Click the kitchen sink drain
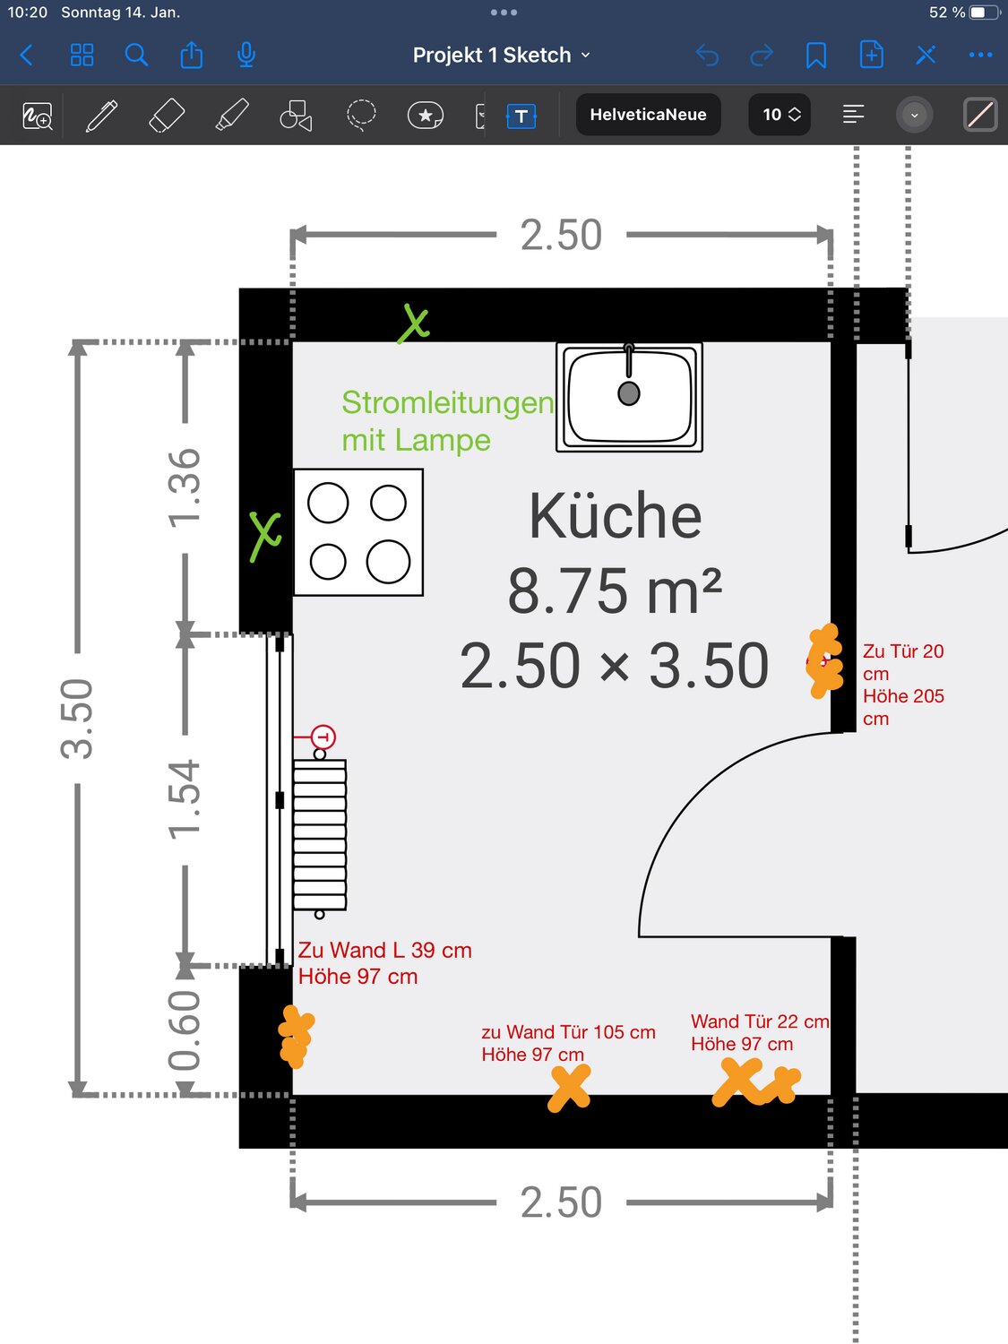[x=629, y=393]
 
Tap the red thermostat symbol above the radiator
[x=323, y=737]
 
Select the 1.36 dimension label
[x=184, y=488]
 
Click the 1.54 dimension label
[x=184, y=799]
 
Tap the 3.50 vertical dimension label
[x=76, y=719]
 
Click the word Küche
[x=615, y=516]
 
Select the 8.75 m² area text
[x=615, y=590]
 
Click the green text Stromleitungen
[x=447, y=403]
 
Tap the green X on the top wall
[x=414, y=323]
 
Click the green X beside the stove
[x=265, y=536]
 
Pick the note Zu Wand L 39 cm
[x=385, y=950]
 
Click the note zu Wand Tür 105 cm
[x=568, y=1031]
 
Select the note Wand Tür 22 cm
[x=760, y=1021]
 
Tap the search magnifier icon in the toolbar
[x=136, y=56]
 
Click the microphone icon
[x=246, y=56]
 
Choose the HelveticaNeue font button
[x=648, y=115]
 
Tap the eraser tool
[x=167, y=115]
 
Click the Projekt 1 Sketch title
[x=491, y=56]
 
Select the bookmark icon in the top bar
[x=816, y=56]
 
